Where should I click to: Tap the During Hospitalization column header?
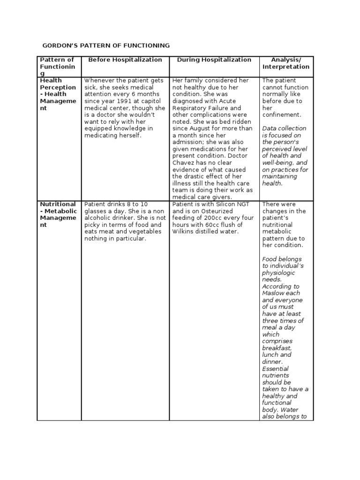point(214,60)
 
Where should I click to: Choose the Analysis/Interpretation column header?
point(286,63)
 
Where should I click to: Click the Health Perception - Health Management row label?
point(58,94)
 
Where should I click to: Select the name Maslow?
point(273,293)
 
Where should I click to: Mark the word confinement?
point(282,115)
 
